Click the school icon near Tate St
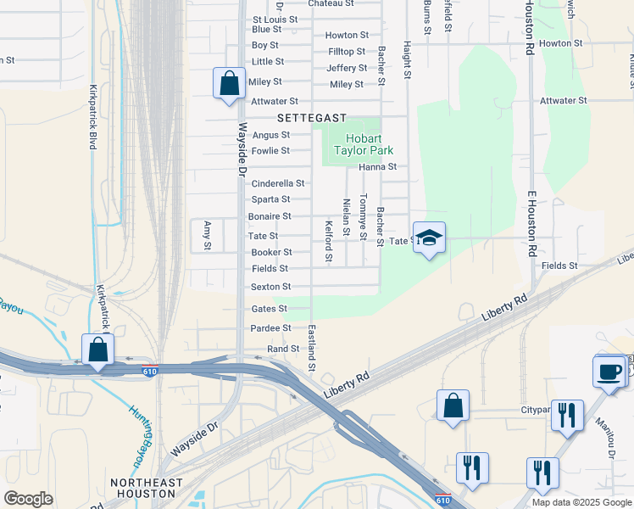(x=430, y=238)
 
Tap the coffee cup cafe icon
(x=609, y=372)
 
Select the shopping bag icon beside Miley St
(x=228, y=83)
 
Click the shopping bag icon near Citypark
(x=453, y=405)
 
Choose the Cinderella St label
(x=277, y=183)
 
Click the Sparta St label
(x=271, y=200)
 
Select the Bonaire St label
(x=270, y=216)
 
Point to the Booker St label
(x=271, y=252)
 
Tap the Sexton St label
(x=271, y=287)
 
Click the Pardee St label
(x=270, y=327)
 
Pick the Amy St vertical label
(x=207, y=235)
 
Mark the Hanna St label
(x=377, y=167)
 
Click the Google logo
(x=28, y=499)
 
